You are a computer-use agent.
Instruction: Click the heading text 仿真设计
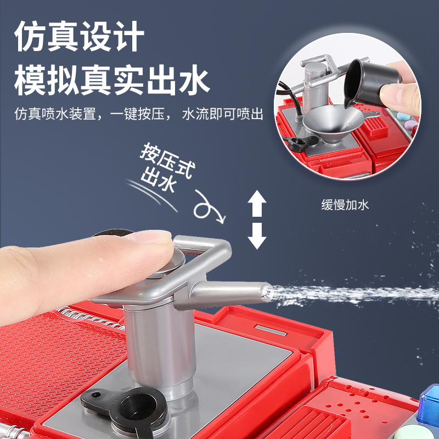coord(79,36)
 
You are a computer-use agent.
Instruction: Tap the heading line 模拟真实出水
coord(112,80)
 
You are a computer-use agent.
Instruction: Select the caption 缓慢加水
coord(345,205)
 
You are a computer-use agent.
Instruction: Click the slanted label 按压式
coord(167,160)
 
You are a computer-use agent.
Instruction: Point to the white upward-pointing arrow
coord(257,203)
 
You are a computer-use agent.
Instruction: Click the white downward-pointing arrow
coord(257,236)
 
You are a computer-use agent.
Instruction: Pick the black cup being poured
coord(369,82)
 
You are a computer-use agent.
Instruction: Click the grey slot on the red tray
coord(271,330)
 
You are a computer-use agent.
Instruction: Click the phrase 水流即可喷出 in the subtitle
coord(223,114)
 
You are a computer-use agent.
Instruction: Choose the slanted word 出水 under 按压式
coord(159,179)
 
